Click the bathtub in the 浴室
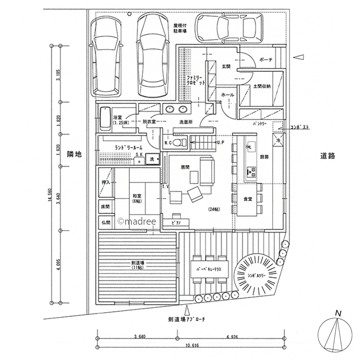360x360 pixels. pos(105,118)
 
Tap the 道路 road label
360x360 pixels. pos(327,156)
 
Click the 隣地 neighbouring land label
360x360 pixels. pos(75,154)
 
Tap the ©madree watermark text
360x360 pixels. pos(137,221)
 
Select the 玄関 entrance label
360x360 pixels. pos(226,67)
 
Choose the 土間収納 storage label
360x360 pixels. pos(262,86)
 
